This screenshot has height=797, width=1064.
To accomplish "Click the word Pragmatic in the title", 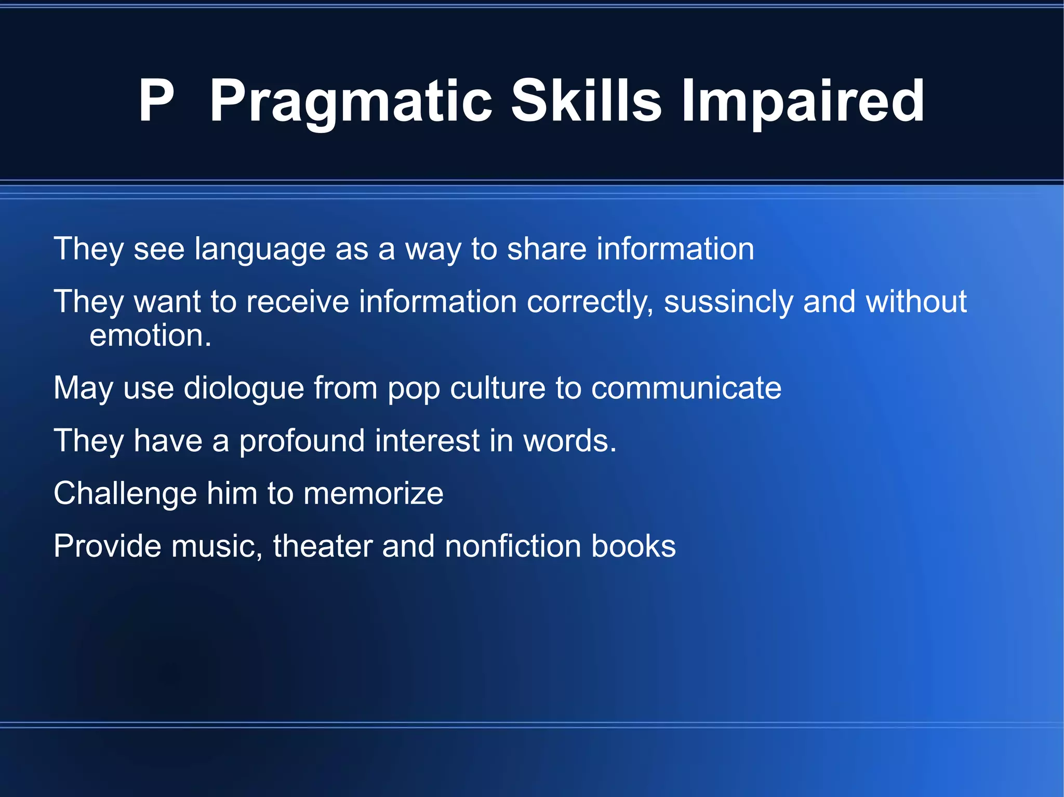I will [351, 101].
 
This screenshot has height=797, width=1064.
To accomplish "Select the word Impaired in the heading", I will [803, 101].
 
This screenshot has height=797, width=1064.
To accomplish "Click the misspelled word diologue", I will [244, 389].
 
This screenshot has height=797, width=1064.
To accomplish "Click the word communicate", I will [686, 388].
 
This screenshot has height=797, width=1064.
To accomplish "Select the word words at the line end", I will [569, 441].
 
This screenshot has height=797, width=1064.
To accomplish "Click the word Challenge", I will [125, 494].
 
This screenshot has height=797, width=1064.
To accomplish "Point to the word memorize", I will [373, 493].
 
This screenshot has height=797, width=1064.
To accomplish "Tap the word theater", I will [322, 546].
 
